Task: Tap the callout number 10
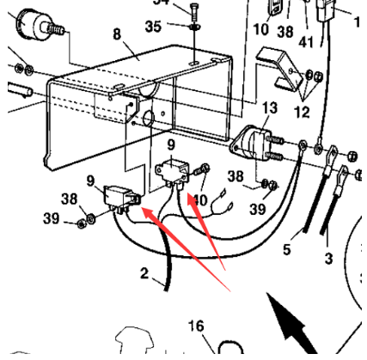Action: click(261, 28)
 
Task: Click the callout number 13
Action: click(270, 107)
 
